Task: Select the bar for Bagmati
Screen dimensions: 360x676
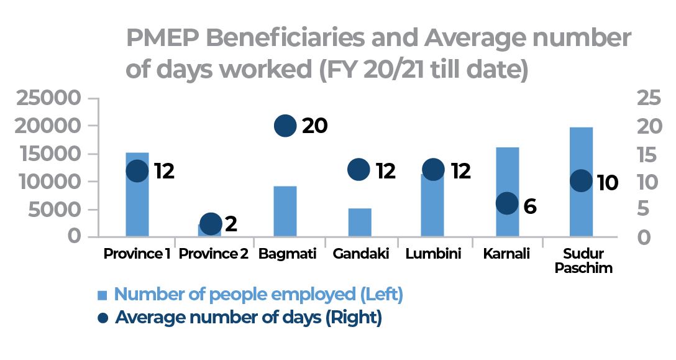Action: tap(285, 211)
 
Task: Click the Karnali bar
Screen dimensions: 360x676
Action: tap(507, 174)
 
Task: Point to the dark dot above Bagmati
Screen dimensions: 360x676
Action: tap(285, 126)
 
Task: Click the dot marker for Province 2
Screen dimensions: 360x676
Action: tap(211, 223)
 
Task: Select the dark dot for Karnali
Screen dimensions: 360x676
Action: tap(507, 203)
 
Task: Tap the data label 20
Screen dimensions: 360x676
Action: tap(314, 126)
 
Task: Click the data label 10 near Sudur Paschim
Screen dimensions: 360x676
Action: tap(606, 183)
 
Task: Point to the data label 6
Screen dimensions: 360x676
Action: tap(529, 206)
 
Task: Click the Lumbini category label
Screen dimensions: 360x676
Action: tap(433, 254)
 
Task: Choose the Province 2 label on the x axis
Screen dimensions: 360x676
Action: tap(211, 254)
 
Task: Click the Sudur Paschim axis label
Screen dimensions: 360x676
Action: tap(583, 261)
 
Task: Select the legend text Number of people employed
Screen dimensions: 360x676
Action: tap(258, 295)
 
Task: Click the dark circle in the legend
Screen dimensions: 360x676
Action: tap(103, 318)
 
